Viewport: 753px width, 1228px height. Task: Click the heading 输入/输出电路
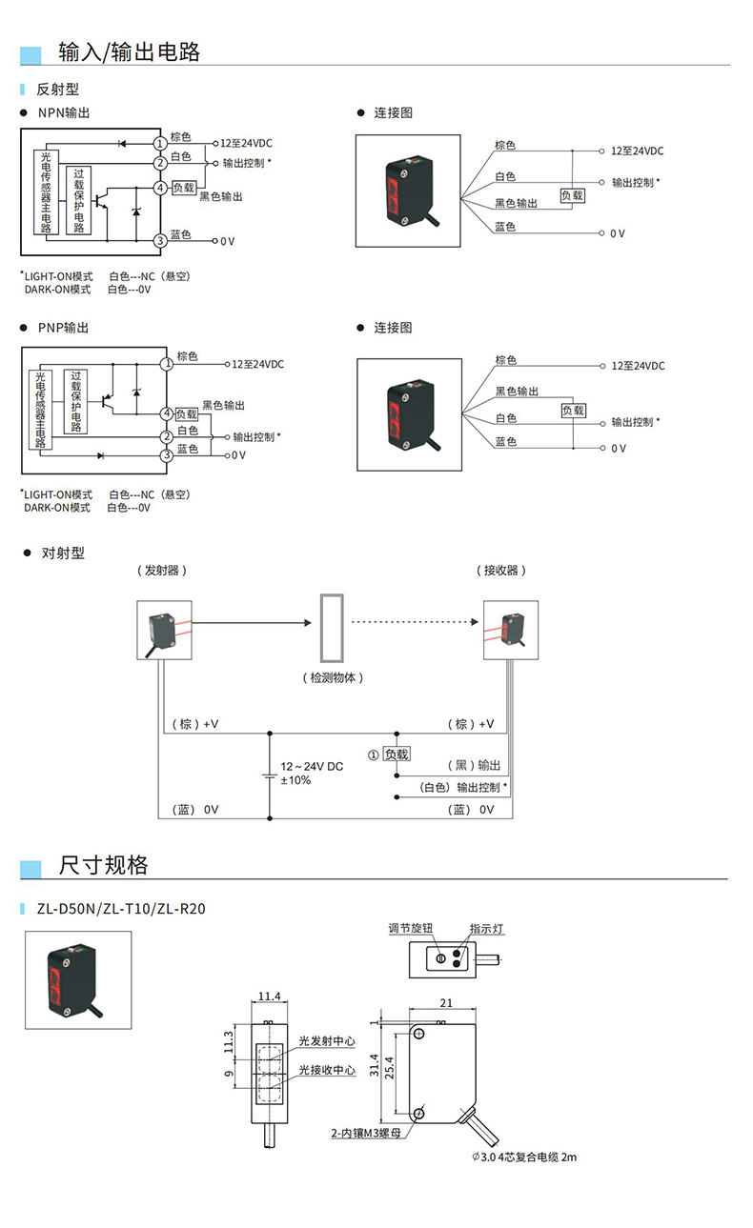tap(129, 51)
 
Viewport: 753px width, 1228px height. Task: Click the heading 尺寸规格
tap(103, 865)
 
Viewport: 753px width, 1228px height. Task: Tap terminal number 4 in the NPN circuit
tap(160, 188)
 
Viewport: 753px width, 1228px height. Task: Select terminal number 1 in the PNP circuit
tap(167, 363)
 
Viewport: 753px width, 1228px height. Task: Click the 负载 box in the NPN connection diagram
tap(572, 195)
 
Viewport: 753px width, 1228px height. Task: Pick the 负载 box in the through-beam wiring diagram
tap(396, 755)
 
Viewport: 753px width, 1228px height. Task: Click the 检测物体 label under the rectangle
tap(333, 678)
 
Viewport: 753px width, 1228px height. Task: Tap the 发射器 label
tap(162, 571)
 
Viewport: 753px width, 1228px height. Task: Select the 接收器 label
tap(502, 571)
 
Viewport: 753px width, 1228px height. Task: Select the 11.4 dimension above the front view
tap(269, 996)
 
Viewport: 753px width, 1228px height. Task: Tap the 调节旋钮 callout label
tap(411, 928)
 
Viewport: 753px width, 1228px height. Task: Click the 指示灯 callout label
tap(486, 928)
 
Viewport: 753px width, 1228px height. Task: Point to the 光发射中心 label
tap(326, 1041)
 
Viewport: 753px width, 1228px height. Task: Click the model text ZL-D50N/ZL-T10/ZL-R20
tap(121, 909)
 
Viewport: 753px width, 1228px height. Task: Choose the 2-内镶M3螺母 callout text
tap(365, 1133)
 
